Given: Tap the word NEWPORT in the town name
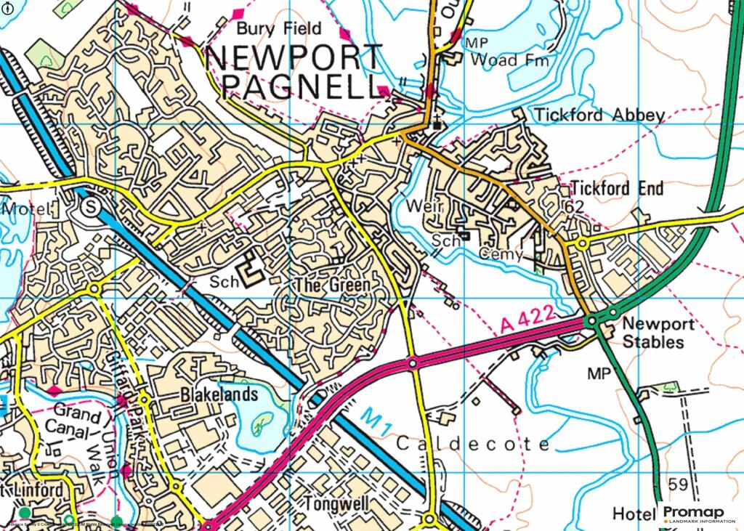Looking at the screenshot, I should click(294, 58).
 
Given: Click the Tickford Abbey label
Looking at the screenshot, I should click(599, 115).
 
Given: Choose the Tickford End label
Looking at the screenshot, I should click(617, 189).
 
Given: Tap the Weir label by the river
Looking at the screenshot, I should click(424, 208).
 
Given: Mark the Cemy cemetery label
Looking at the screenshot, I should click(501, 254).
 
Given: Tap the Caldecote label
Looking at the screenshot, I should click(474, 444).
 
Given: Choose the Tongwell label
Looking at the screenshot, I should click(339, 503).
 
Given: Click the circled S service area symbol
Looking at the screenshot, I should click(90, 207).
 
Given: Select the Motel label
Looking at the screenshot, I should click(27, 209).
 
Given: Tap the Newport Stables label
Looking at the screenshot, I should click(653, 333).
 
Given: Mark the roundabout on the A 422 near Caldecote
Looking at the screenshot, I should click(413, 362).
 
